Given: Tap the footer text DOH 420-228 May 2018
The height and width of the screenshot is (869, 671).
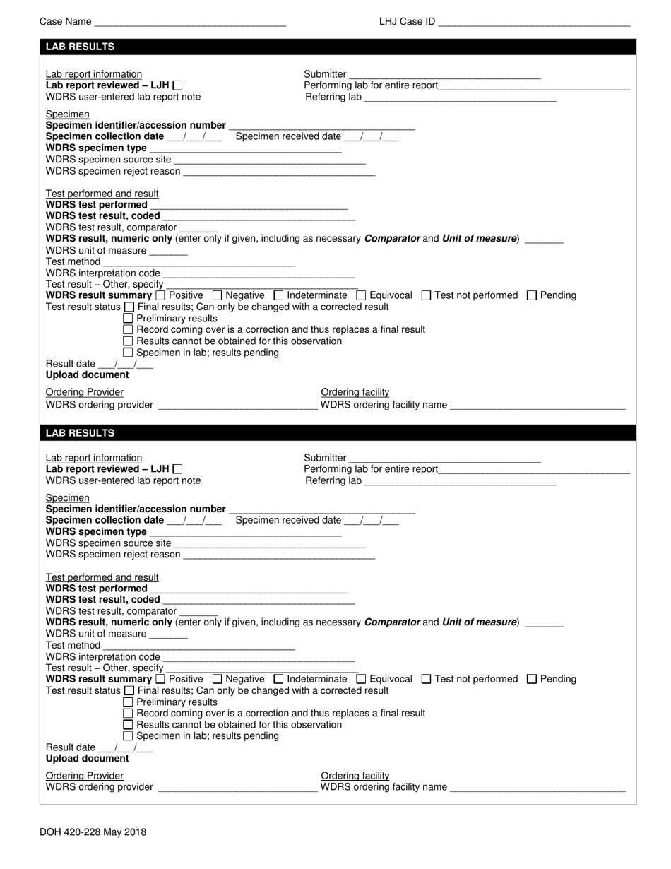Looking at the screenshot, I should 93,832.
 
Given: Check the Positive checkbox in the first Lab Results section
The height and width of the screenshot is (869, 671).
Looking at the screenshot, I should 160,295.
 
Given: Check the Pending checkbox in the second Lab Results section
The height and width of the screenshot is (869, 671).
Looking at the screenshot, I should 532,679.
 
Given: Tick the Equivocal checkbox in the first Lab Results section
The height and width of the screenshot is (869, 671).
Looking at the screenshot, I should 361,295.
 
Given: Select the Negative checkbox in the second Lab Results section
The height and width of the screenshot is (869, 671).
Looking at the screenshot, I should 217,679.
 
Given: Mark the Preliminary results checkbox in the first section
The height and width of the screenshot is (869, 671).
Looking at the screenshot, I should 128,318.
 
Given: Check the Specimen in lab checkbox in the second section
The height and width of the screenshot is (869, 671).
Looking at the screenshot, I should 128,736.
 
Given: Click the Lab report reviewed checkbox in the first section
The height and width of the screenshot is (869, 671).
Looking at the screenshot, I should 177,85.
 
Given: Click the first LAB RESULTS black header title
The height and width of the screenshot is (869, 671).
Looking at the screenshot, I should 80,47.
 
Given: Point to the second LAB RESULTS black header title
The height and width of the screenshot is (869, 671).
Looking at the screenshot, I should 80,432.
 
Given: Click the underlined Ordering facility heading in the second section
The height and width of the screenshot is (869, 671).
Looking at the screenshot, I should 355,776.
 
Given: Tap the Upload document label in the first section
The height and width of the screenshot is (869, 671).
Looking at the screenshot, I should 88,375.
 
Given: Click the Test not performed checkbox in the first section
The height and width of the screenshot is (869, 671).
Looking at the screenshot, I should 426,295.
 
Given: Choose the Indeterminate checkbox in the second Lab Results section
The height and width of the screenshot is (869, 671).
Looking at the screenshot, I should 278,679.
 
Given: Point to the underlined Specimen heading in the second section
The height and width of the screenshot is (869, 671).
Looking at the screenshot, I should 68,498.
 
